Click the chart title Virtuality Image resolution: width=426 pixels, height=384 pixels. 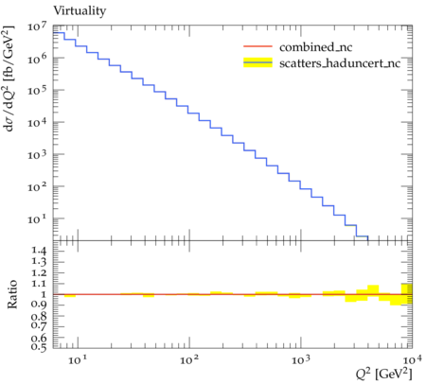point(80,11)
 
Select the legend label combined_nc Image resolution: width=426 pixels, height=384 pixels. point(315,47)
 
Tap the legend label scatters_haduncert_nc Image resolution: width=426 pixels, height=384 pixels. point(340,63)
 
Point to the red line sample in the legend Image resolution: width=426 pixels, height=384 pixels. point(257,46)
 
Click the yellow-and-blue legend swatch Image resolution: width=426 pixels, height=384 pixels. point(257,62)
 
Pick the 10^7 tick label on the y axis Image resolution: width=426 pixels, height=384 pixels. point(37,26)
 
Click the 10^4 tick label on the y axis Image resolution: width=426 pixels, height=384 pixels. point(37,122)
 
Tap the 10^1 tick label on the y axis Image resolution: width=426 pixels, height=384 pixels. point(37,218)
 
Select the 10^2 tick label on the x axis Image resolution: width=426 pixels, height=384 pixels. point(189,359)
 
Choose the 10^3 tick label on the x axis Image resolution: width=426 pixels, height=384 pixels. point(301,359)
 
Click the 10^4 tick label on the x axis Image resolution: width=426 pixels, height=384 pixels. point(411,359)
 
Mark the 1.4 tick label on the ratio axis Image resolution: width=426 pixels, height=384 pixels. point(39,251)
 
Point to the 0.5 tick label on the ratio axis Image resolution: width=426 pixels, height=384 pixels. point(39,346)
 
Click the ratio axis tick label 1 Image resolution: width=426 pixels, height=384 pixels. point(44,294)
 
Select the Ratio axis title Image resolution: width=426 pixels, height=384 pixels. point(12,294)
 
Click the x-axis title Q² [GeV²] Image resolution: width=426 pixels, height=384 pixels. point(384,375)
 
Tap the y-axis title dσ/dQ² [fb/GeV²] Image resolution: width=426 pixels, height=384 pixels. point(9,79)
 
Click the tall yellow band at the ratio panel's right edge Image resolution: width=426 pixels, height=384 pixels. point(407,294)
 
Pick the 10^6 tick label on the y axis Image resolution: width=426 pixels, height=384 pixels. point(37,59)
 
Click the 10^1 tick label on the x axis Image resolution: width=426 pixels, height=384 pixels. point(78,359)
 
